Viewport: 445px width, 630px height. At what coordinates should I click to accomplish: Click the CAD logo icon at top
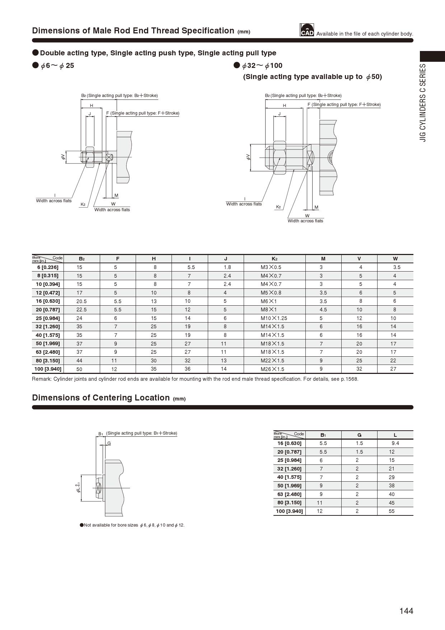point(307,30)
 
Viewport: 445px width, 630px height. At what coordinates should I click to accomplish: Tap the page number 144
point(406,611)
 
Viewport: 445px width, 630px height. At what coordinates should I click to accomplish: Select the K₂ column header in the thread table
point(274,259)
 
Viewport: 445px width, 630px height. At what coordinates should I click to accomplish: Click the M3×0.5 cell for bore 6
point(271,267)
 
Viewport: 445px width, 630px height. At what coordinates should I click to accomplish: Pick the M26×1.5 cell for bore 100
point(272,369)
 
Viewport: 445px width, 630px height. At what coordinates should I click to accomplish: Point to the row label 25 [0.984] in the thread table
point(48,318)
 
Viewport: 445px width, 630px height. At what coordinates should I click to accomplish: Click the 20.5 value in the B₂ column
point(81,301)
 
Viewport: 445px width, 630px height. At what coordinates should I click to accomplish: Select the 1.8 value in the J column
point(227,267)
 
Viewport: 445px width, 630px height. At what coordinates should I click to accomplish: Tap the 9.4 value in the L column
point(395,443)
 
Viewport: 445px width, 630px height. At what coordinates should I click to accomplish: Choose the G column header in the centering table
point(359,435)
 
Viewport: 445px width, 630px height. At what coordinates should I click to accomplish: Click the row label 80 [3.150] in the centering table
point(289,503)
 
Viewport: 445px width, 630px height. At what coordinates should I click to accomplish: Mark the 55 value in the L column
point(392,511)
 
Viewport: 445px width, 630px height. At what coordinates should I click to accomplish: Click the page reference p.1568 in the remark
point(350,379)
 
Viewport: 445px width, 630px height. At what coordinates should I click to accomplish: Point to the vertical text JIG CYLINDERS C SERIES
point(423,103)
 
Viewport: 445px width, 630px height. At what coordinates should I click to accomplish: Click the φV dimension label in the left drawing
point(63,157)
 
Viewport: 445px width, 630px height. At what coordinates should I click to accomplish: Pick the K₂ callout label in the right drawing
point(278,207)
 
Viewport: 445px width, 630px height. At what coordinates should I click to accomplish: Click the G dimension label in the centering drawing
point(109,443)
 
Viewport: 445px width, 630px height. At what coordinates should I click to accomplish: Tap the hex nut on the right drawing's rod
point(280,157)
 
